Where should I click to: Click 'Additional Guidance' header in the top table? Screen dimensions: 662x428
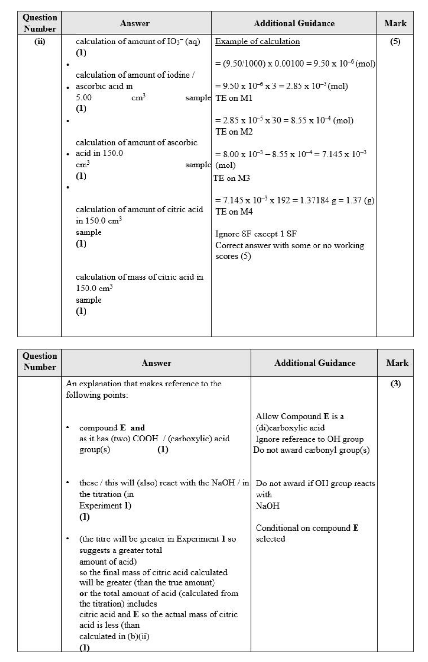click(x=294, y=23)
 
